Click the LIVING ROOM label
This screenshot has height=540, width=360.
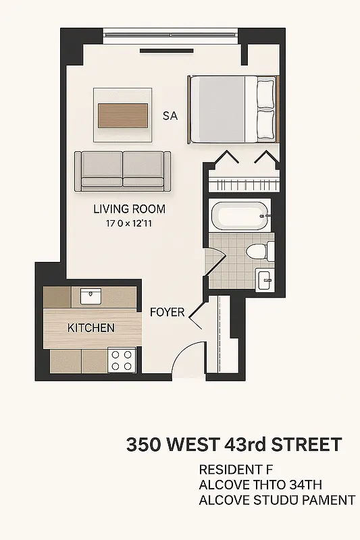point(129,209)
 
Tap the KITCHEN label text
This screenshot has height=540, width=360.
point(91,328)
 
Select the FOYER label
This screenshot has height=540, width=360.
point(167,312)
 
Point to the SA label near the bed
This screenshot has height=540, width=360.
point(170,116)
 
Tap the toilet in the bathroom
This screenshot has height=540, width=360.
point(259,252)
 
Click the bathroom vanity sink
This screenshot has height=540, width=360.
point(264,278)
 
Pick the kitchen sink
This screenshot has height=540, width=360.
point(91,296)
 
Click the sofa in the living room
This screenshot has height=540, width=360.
point(123,169)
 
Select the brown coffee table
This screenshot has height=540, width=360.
point(123,115)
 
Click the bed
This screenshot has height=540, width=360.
point(232,109)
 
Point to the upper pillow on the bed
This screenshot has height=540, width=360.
point(265,91)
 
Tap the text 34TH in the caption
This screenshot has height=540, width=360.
point(306,485)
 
